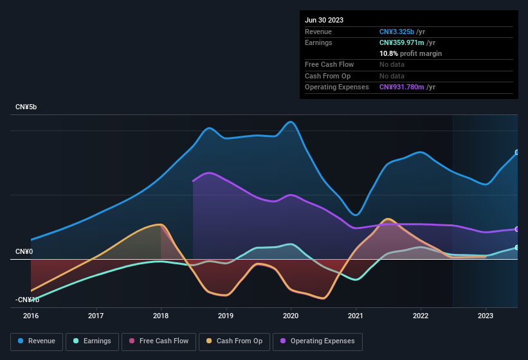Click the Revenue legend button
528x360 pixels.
click(37, 341)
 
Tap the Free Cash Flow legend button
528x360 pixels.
click(159, 341)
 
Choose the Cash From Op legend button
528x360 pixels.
click(234, 341)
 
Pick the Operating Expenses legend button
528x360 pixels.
click(318, 341)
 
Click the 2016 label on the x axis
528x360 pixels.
click(31, 316)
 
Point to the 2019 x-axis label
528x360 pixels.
click(226, 316)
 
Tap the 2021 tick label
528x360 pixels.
click(356, 316)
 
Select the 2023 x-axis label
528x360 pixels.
click(486, 316)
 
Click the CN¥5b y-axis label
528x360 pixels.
click(26, 107)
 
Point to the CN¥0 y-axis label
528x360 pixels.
click(24, 251)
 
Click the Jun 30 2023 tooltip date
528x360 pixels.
click(324, 20)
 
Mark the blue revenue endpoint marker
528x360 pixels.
click(517, 153)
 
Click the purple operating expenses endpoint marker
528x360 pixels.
click(517, 229)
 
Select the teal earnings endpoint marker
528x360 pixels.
click(517, 248)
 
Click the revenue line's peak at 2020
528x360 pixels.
click(291, 122)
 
